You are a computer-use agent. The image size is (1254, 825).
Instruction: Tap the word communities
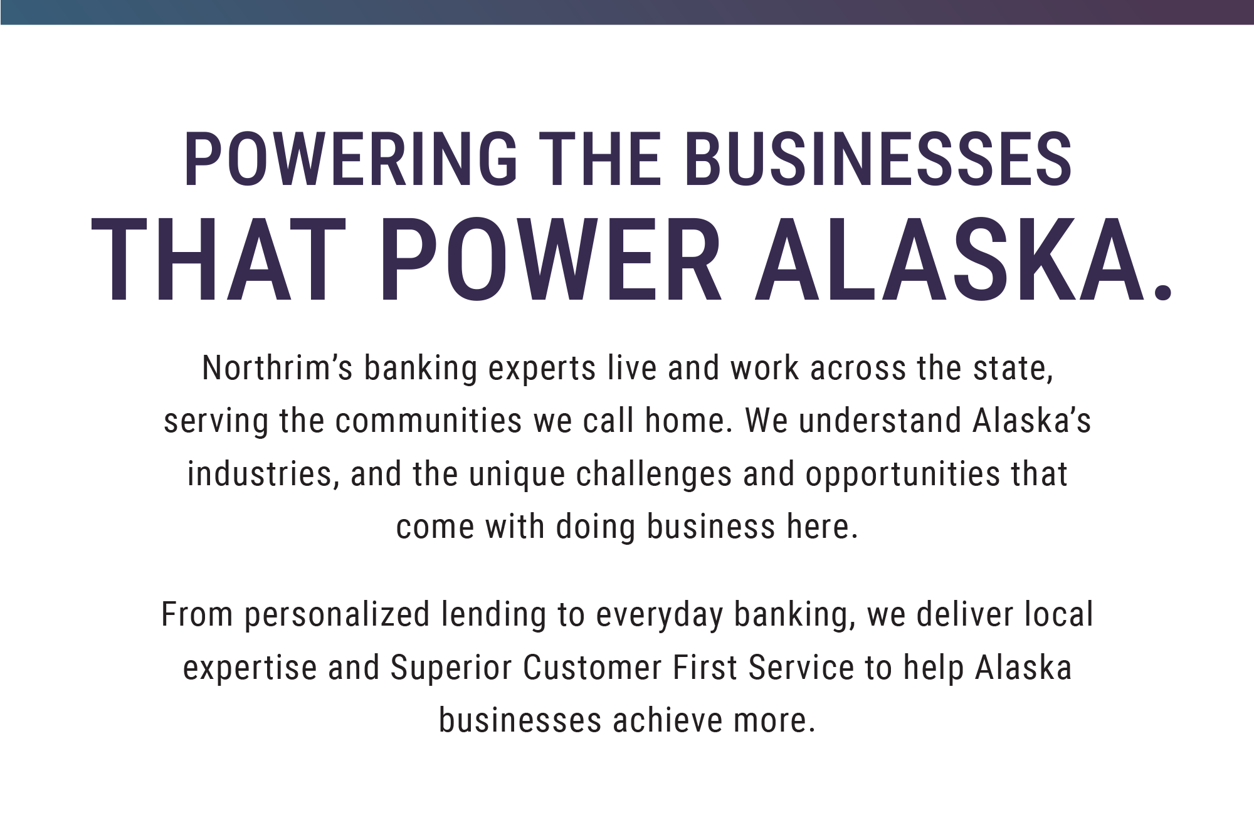428,421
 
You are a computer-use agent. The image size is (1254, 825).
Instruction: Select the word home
688,421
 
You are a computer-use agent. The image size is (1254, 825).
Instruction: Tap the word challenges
654,474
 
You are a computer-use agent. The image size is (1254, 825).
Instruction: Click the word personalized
337,615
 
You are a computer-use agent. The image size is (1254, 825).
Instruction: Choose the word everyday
660,615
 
